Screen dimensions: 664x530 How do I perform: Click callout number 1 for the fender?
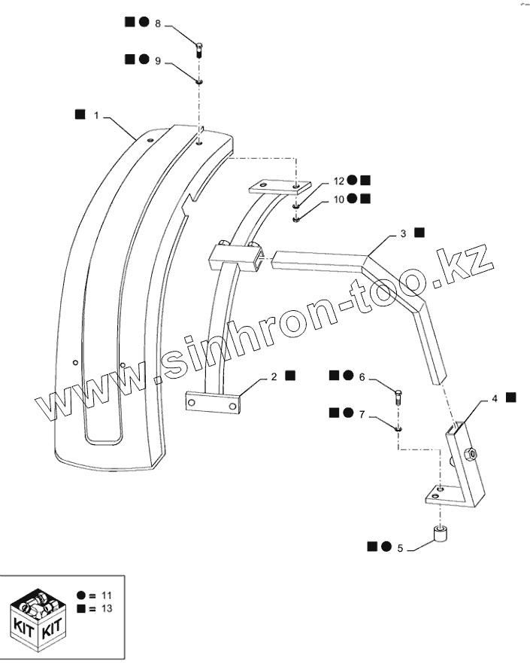click(x=96, y=115)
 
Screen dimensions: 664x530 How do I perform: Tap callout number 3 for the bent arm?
click(x=403, y=234)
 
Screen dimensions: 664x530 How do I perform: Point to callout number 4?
click(x=495, y=397)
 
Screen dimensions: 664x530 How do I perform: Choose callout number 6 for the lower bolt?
click(x=362, y=376)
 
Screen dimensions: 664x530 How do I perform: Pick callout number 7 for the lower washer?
click(x=362, y=413)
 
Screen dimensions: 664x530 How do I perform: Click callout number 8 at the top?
click(x=158, y=24)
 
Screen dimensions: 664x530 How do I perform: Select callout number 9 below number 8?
click(x=158, y=59)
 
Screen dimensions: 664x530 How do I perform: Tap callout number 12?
click(x=339, y=181)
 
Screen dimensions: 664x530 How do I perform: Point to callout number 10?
click(x=339, y=200)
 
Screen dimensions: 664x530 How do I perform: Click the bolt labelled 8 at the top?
click(x=199, y=50)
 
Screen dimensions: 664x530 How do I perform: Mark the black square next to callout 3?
click(x=419, y=233)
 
